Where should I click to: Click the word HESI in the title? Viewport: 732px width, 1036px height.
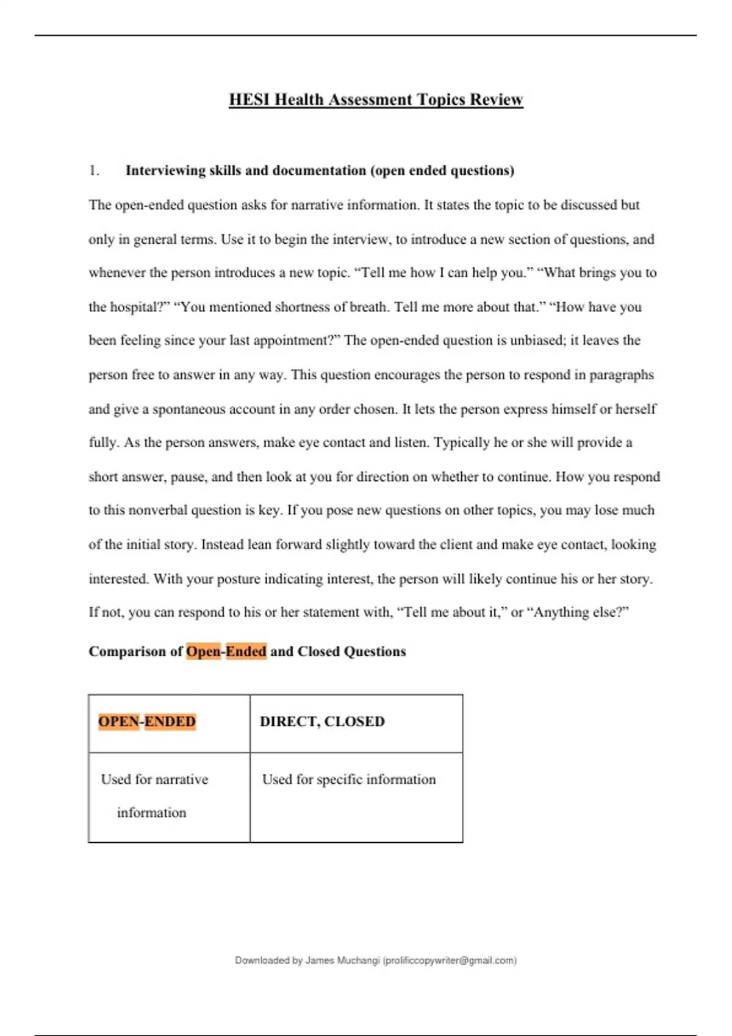[249, 99]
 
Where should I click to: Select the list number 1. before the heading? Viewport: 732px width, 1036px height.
[94, 171]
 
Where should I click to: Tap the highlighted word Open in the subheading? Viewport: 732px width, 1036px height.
[203, 651]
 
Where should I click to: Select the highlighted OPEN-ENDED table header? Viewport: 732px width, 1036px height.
[147, 722]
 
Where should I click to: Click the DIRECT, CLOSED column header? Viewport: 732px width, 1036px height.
[322, 722]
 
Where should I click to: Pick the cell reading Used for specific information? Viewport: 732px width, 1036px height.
[349, 779]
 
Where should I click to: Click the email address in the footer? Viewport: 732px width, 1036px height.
[450, 960]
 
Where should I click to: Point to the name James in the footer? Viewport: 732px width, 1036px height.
[319, 960]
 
